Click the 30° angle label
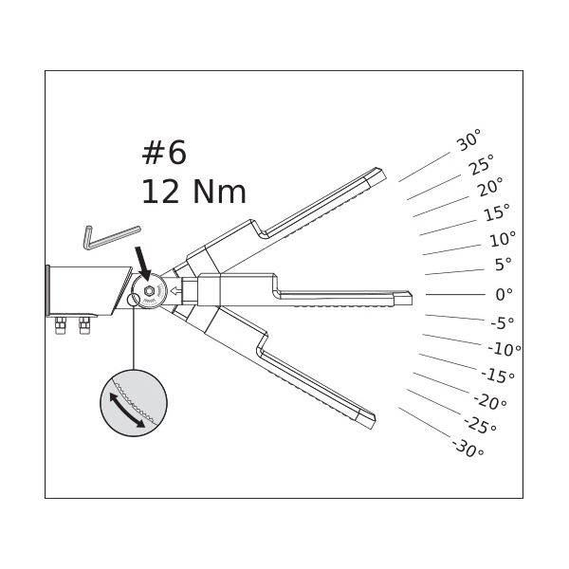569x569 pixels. [x=468, y=140]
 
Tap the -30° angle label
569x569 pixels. [x=468, y=449]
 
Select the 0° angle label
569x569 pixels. [x=505, y=294]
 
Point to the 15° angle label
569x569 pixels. [x=497, y=212]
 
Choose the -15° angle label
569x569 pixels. [x=498, y=376]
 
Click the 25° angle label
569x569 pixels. [x=481, y=165]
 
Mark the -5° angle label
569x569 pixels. [x=503, y=322]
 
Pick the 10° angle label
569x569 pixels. [x=503, y=239]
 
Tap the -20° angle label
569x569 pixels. [x=490, y=402]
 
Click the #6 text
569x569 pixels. [x=164, y=153]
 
